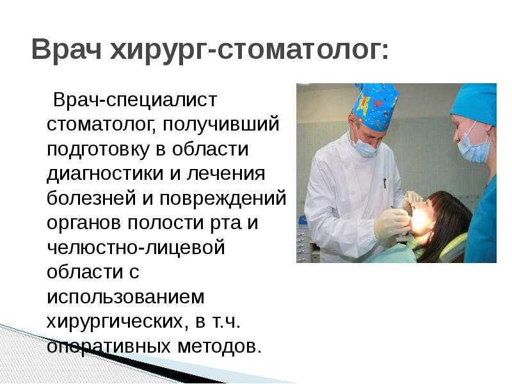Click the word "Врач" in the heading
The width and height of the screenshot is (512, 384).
pyautogui.click(x=67, y=49)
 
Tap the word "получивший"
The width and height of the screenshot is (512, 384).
pyautogui.click(x=221, y=125)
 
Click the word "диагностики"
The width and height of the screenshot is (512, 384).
pyautogui.click(x=105, y=174)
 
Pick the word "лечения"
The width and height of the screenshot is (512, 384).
pyautogui.click(x=226, y=173)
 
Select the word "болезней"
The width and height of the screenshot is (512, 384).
pyautogui.click(x=91, y=198)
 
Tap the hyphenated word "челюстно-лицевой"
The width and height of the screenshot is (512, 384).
pyautogui.click(x=136, y=248)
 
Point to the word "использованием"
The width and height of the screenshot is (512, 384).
pyautogui.click(x=125, y=297)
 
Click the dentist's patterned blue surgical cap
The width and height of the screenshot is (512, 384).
pyautogui.click(x=376, y=106)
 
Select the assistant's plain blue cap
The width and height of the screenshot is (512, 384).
pyautogui.click(x=476, y=102)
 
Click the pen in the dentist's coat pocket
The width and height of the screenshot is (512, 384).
pyautogui.click(x=385, y=183)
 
